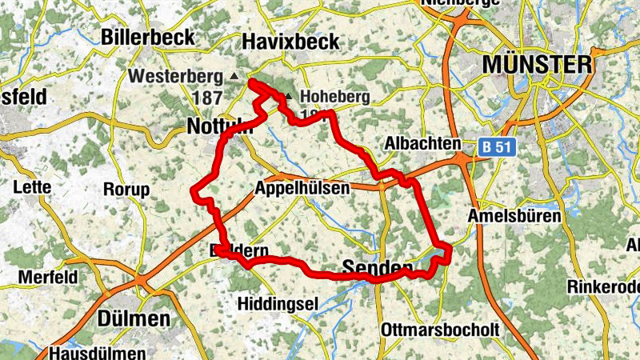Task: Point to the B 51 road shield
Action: point(496,147)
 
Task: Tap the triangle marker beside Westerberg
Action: point(234,76)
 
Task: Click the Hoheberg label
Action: point(334,98)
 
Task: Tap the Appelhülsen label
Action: point(302,189)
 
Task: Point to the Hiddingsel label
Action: point(278,303)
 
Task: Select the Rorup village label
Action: point(126,190)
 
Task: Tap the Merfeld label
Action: point(50,277)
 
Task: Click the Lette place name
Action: point(33,187)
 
